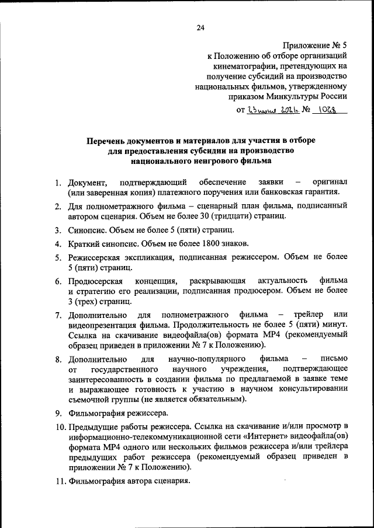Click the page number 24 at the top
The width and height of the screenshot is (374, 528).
200,27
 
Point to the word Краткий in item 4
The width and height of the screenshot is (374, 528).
84,243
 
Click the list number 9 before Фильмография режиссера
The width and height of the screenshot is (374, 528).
59,414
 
